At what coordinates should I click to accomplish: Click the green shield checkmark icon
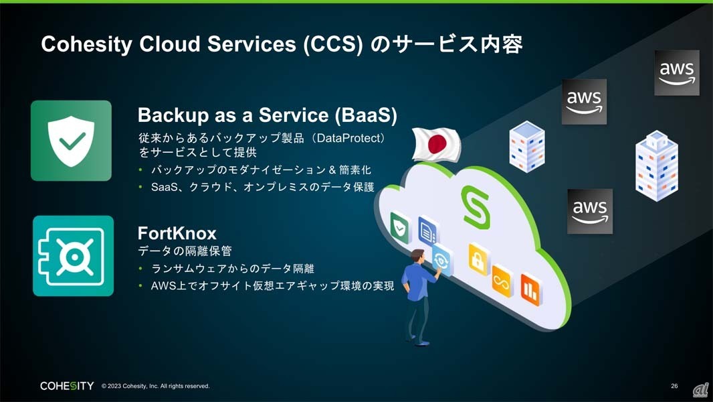(71, 141)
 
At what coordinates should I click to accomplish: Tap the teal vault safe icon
(73, 256)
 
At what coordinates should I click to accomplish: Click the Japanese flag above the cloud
(436, 144)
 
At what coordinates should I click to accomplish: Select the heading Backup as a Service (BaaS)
(267, 115)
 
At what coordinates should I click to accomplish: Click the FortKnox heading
(177, 233)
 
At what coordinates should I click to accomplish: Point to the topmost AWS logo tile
(676, 72)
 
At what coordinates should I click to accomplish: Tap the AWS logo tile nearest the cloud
(589, 211)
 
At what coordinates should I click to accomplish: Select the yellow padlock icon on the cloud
(478, 259)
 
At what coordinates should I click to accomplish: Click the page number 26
(674, 386)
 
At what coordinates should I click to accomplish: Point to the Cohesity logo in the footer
(67, 386)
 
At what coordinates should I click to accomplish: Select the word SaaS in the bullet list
(163, 187)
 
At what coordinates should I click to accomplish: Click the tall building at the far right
(656, 165)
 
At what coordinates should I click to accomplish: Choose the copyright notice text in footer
(155, 386)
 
